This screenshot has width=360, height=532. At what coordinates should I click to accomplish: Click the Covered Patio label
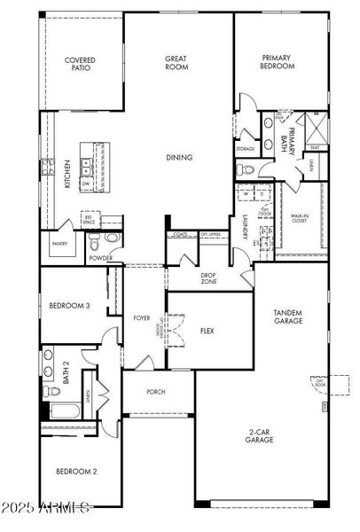tap(80, 65)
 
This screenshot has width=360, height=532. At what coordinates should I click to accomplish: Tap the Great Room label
tap(176, 64)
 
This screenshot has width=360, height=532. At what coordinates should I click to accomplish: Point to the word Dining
tap(179, 158)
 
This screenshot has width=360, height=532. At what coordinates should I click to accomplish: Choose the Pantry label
tap(59, 243)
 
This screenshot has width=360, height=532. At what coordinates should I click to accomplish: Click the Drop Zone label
tap(208, 278)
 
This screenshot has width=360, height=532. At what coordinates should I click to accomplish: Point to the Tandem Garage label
tap(288, 317)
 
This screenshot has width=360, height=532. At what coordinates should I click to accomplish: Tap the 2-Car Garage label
tap(259, 435)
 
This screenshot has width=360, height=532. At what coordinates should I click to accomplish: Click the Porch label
tap(157, 392)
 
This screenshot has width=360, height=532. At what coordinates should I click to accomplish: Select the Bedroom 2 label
tap(76, 471)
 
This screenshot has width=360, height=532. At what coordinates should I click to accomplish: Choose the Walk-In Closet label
tap(299, 218)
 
